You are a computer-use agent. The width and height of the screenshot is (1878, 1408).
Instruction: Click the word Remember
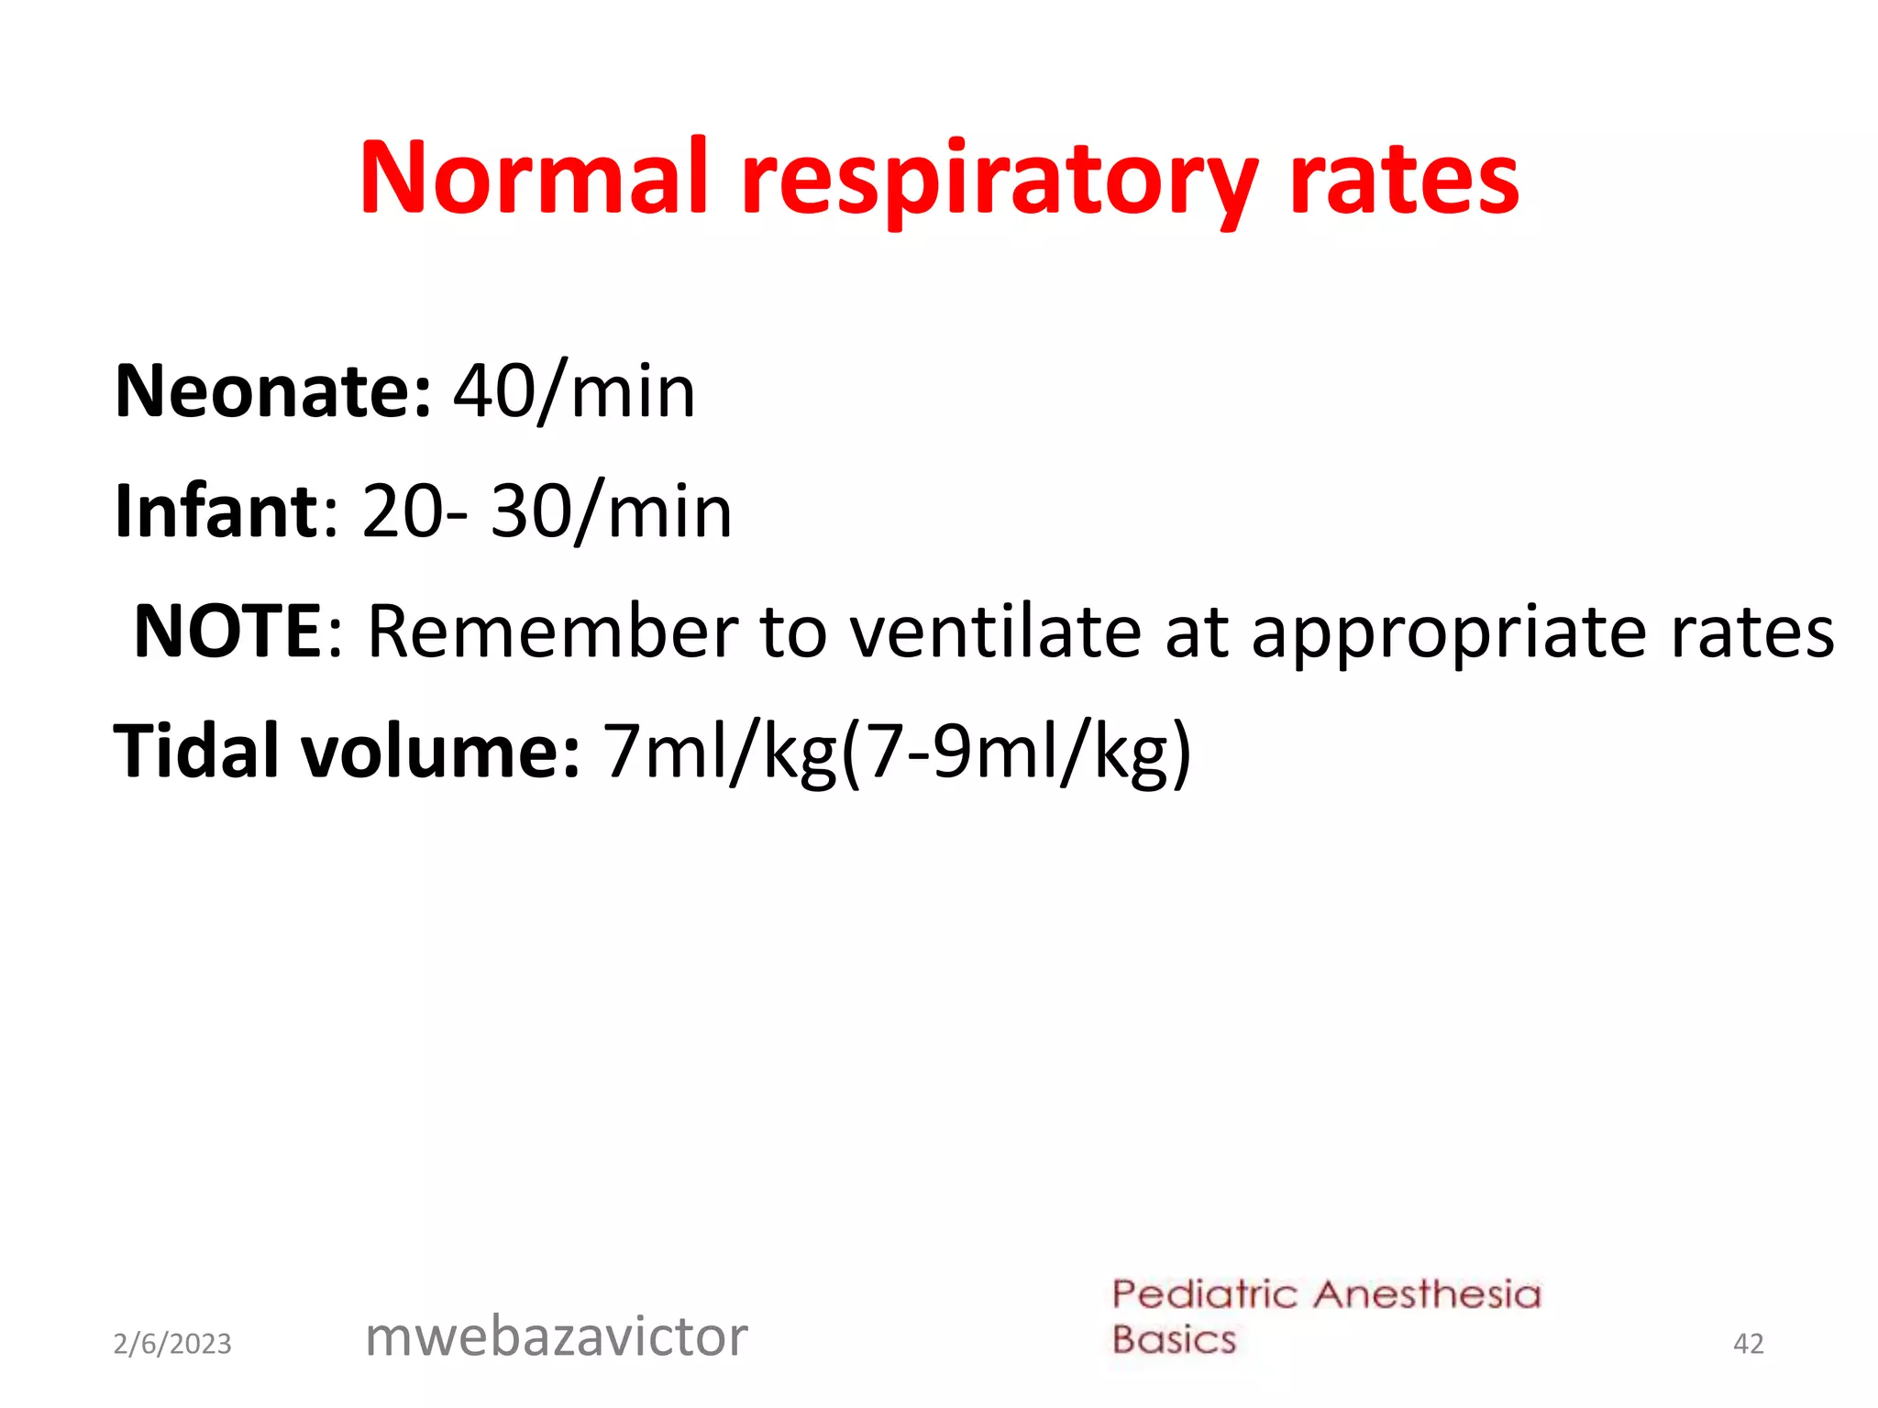(553, 632)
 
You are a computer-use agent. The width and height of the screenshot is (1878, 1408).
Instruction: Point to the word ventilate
(995, 632)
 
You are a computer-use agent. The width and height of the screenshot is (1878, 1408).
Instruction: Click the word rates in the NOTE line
(1752, 632)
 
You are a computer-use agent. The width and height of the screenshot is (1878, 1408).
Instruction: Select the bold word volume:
(440, 751)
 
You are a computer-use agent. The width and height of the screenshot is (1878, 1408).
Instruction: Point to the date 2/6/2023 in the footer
(172, 1344)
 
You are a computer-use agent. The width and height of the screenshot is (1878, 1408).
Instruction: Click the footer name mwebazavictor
(557, 1336)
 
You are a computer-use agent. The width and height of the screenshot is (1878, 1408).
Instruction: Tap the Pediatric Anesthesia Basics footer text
(1326, 1317)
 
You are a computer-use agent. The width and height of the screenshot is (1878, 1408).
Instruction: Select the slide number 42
(1748, 1344)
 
